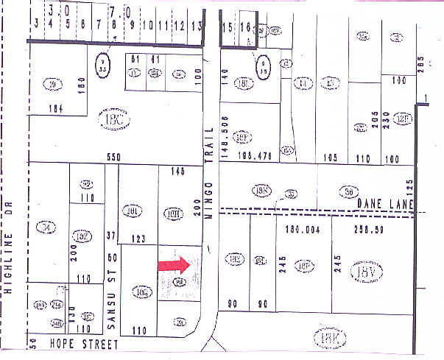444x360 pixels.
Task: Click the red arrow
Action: (175, 265)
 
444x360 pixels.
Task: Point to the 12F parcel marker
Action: (402, 119)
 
